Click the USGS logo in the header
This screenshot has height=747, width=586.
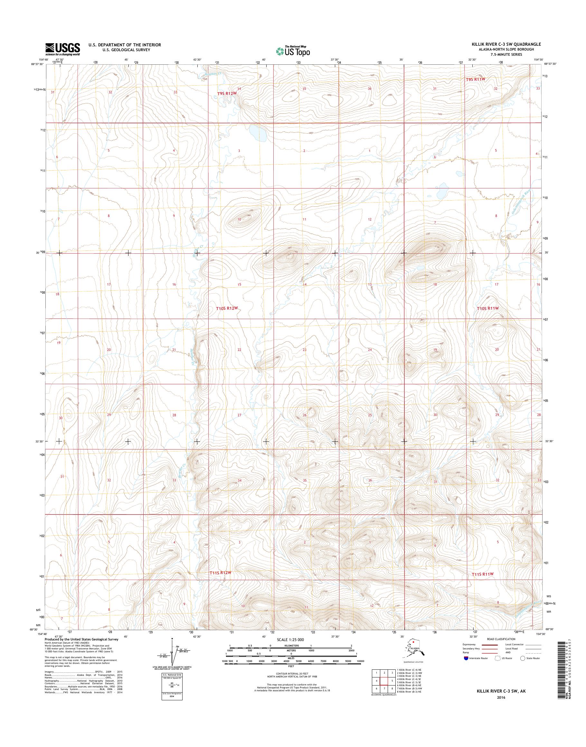[x=62, y=49]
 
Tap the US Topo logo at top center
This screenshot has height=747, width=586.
[x=293, y=51]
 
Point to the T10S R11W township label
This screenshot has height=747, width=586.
[x=487, y=308]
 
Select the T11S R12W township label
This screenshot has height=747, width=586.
[x=221, y=573]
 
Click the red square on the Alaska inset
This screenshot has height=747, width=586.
[x=414, y=641]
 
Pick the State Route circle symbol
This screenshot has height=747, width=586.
[x=523, y=658]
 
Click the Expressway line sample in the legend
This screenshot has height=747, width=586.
[x=490, y=644]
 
